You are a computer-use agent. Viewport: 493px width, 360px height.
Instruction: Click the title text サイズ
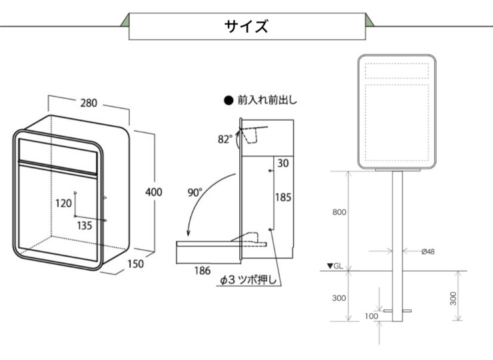pos(246,26)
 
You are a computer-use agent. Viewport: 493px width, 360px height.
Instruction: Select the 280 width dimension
pos(89,103)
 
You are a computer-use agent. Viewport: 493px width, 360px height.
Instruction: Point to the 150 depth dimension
pos(137,263)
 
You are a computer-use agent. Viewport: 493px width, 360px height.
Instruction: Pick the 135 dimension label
pos(84,225)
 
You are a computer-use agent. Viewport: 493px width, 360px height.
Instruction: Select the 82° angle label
pos(225,139)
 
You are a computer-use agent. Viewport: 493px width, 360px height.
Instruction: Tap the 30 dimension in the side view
pos(284,163)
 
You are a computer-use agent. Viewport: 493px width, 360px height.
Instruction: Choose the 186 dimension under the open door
pos(203,270)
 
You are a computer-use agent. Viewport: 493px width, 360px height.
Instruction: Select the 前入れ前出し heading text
pos(267,101)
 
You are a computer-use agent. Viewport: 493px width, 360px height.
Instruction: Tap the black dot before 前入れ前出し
pos(229,101)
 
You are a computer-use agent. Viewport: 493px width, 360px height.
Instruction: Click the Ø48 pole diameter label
pos(428,251)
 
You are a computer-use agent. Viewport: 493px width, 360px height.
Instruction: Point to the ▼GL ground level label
pos(335,266)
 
